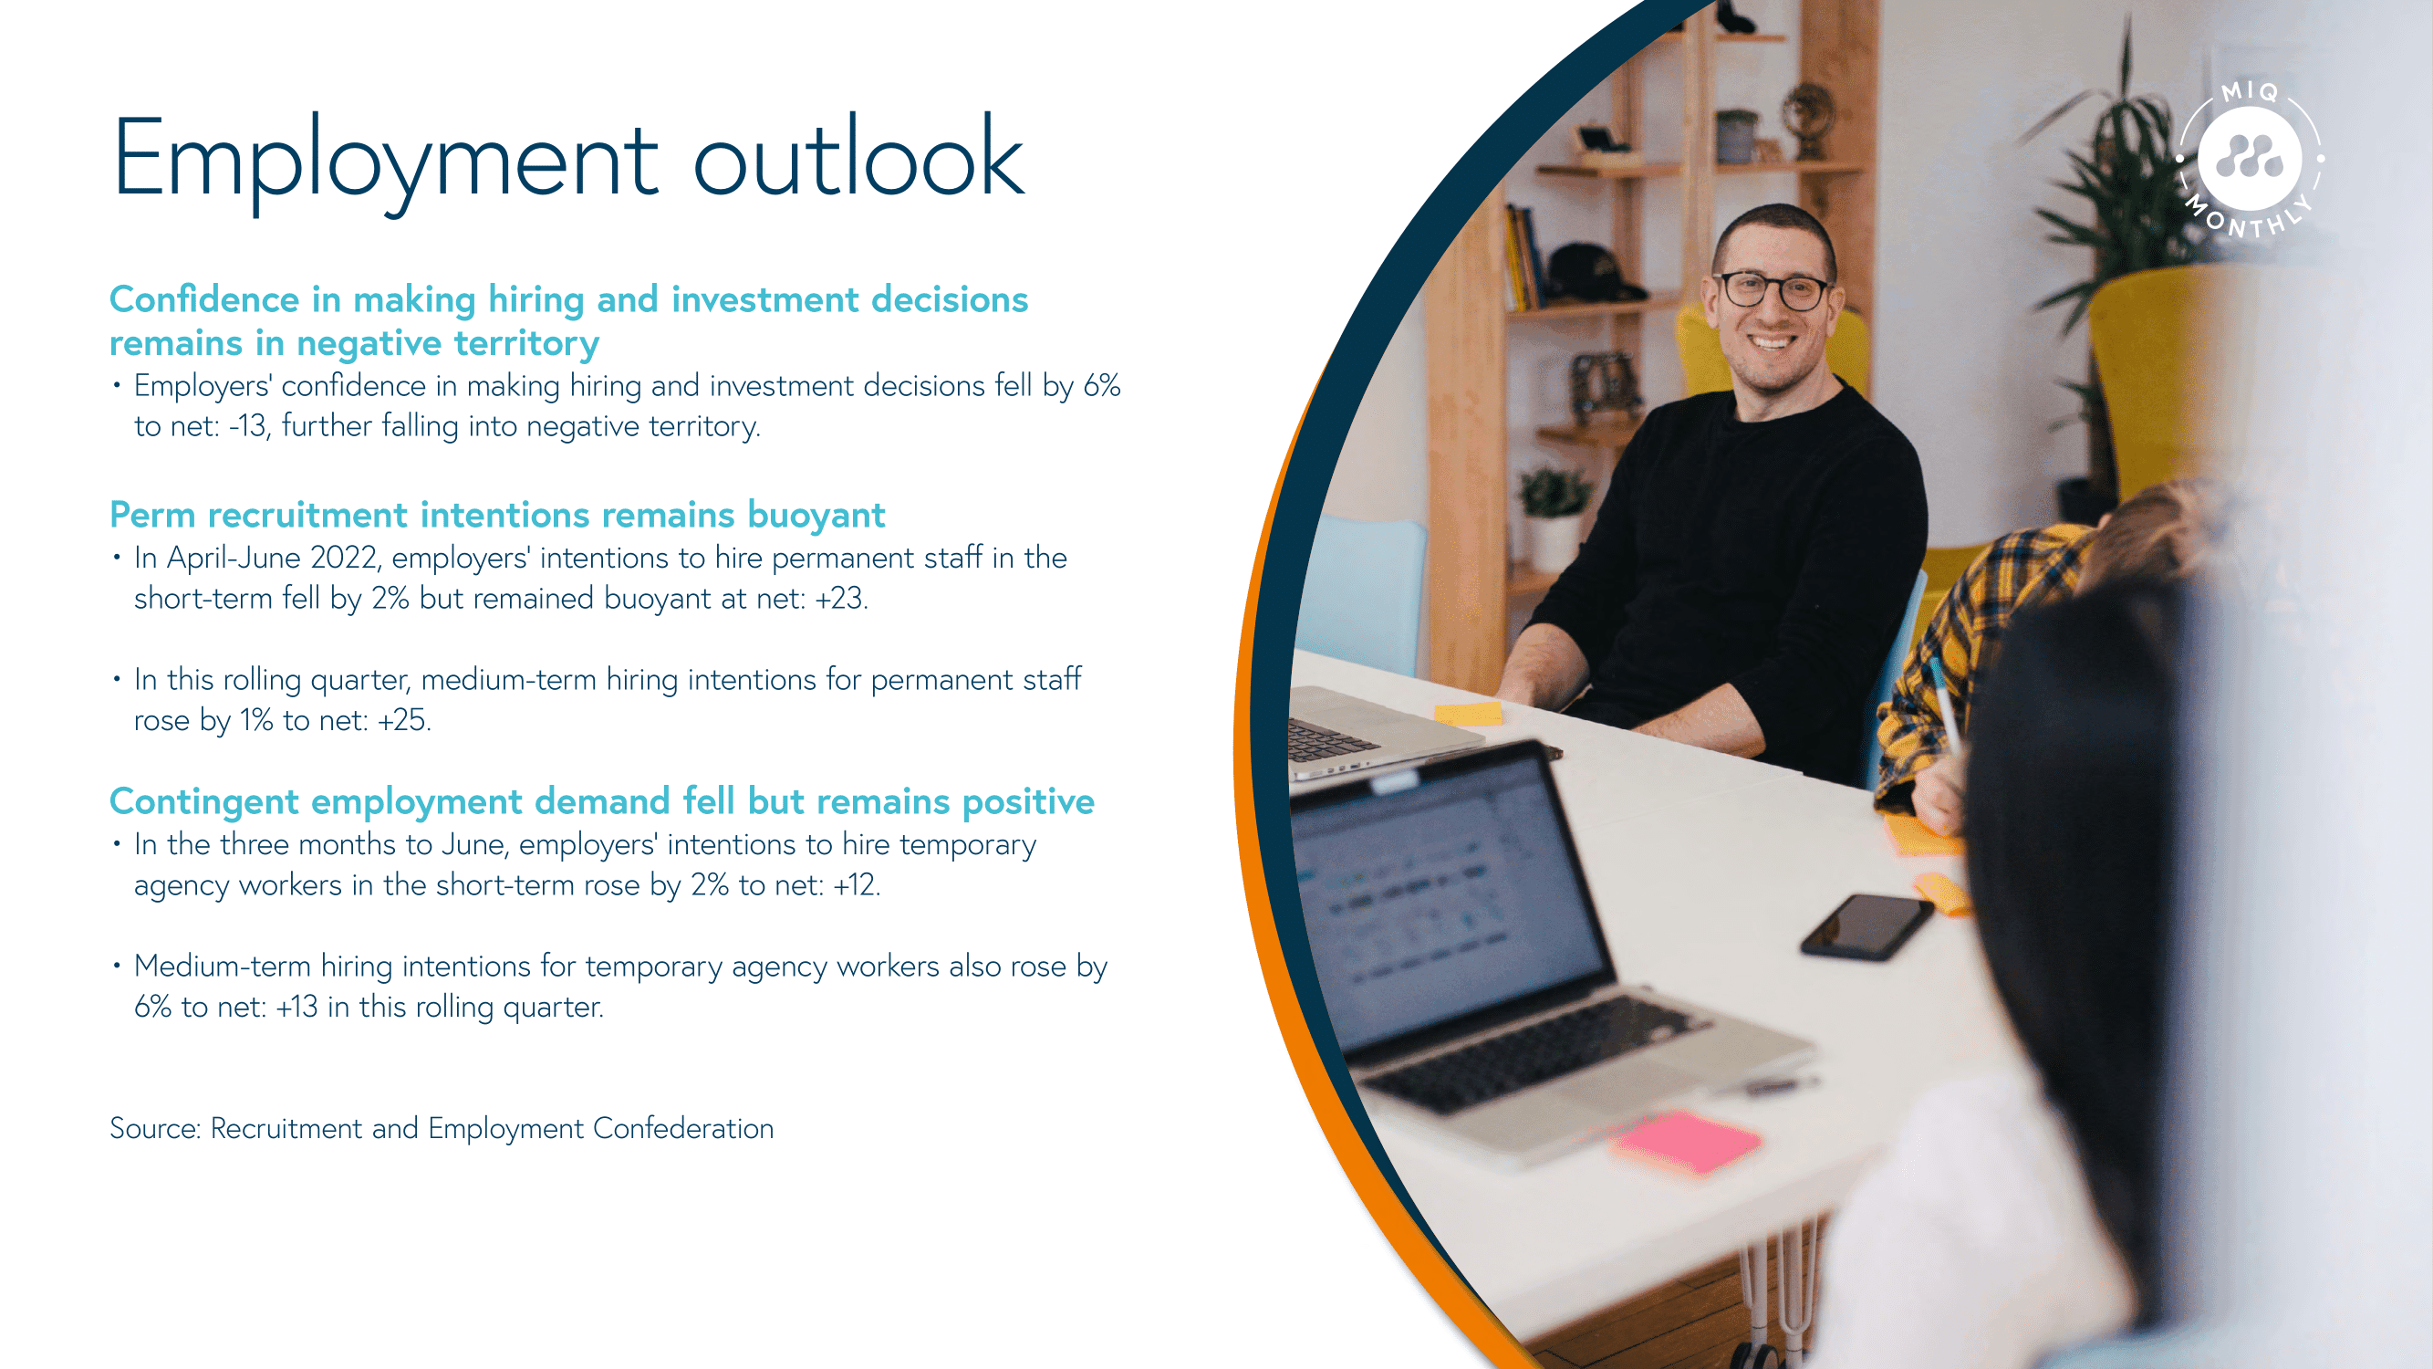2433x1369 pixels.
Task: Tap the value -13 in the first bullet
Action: pos(249,426)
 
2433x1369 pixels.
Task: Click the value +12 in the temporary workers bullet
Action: pos(854,885)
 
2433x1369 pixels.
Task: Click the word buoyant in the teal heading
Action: pos(816,516)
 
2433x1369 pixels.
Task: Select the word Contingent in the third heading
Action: pos(204,802)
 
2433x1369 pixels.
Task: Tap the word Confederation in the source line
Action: pos(683,1128)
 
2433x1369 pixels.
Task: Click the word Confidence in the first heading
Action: pos(204,299)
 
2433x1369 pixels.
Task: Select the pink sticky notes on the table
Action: pos(1687,1142)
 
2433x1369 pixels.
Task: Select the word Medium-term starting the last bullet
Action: pos(222,967)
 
